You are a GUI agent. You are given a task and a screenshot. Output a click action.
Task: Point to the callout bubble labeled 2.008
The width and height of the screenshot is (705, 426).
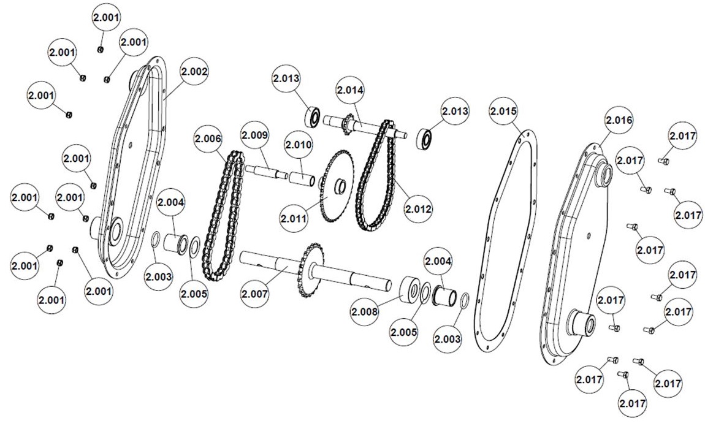(x=366, y=312)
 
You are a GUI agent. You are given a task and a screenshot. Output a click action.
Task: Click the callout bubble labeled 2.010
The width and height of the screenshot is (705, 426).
(x=298, y=145)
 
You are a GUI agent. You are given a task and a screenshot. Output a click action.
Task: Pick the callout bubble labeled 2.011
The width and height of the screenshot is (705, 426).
(x=294, y=218)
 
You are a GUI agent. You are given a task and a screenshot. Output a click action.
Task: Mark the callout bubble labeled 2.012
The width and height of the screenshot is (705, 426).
(x=419, y=208)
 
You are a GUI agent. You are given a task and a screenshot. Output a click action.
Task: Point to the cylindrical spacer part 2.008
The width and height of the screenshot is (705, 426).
(x=407, y=290)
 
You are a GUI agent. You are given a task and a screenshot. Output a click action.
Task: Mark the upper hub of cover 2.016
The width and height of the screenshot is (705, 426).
(x=602, y=175)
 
